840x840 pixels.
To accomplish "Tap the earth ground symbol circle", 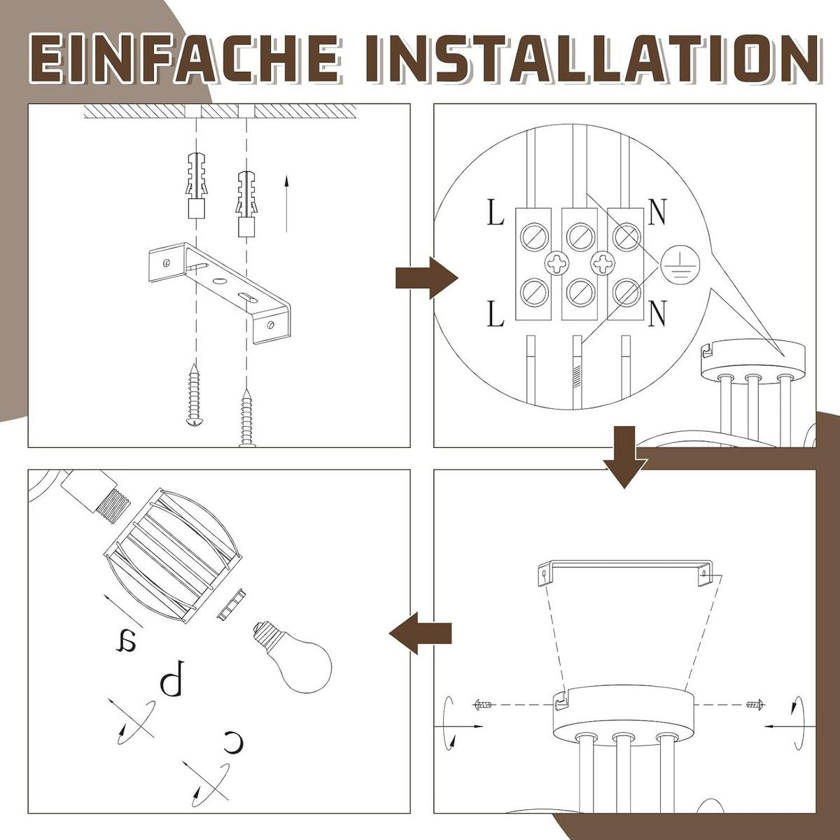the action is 680,265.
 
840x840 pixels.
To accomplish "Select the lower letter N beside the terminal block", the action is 657,314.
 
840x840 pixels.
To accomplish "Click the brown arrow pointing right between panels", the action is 427,278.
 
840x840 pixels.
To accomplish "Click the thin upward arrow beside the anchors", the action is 286,203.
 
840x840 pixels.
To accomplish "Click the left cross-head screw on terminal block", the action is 556,263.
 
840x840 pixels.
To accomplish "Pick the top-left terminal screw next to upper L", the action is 533,236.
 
